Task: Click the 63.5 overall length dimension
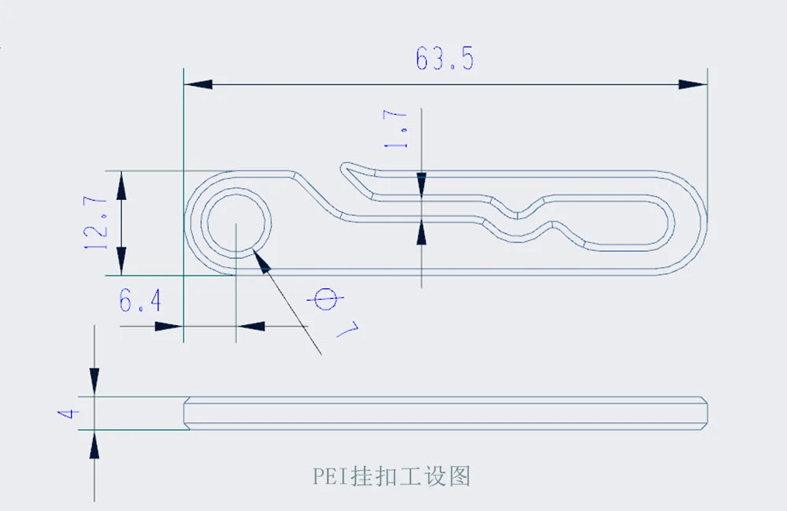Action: (x=445, y=60)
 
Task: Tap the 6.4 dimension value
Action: (x=140, y=300)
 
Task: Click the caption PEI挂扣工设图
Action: (x=392, y=476)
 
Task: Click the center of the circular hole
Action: (x=236, y=223)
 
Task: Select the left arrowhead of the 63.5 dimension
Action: (x=198, y=83)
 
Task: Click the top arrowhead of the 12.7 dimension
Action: (x=122, y=186)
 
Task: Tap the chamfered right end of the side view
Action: (x=703, y=413)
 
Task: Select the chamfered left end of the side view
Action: (x=188, y=413)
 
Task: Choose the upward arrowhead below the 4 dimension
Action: (x=95, y=446)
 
